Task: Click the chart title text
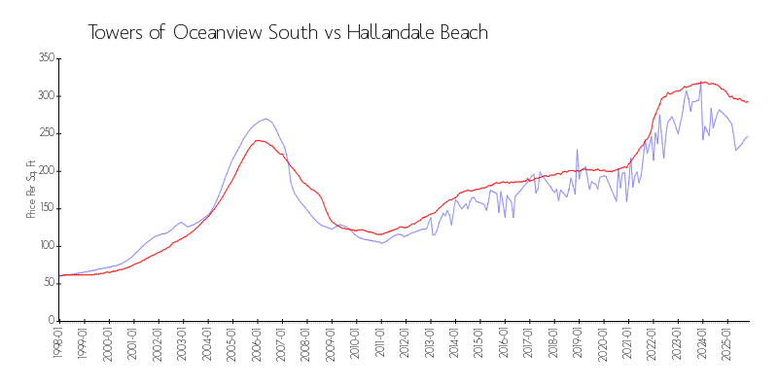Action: click(288, 32)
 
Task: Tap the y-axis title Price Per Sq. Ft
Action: click(31, 190)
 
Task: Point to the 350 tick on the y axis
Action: click(45, 58)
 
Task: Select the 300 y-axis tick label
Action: click(45, 96)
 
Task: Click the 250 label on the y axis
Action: click(45, 133)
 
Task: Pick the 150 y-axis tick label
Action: click(45, 208)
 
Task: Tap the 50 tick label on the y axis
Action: click(48, 283)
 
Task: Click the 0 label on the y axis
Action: click(51, 320)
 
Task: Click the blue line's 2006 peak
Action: click(265, 119)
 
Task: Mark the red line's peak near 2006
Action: click(259, 140)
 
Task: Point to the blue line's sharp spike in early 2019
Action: click(577, 150)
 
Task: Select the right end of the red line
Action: click(748, 101)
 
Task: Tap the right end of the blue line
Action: click(748, 136)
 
